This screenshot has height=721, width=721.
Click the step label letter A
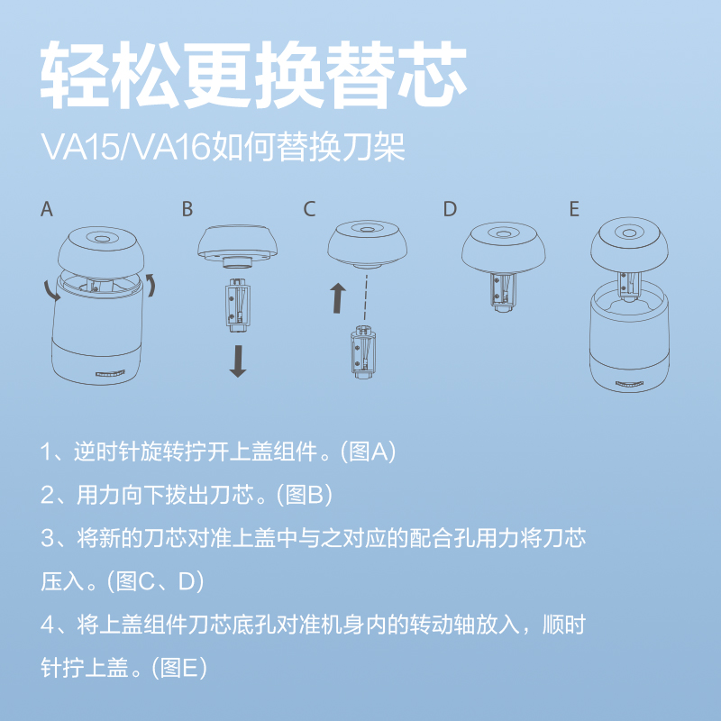pyautogui.click(x=47, y=209)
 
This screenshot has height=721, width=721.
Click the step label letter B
pyautogui.click(x=187, y=209)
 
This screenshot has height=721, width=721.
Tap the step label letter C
pyautogui.click(x=310, y=209)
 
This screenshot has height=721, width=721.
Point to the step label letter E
pyautogui.click(x=574, y=209)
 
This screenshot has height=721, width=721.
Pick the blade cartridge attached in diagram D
pyautogui.click(x=500, y=290)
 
